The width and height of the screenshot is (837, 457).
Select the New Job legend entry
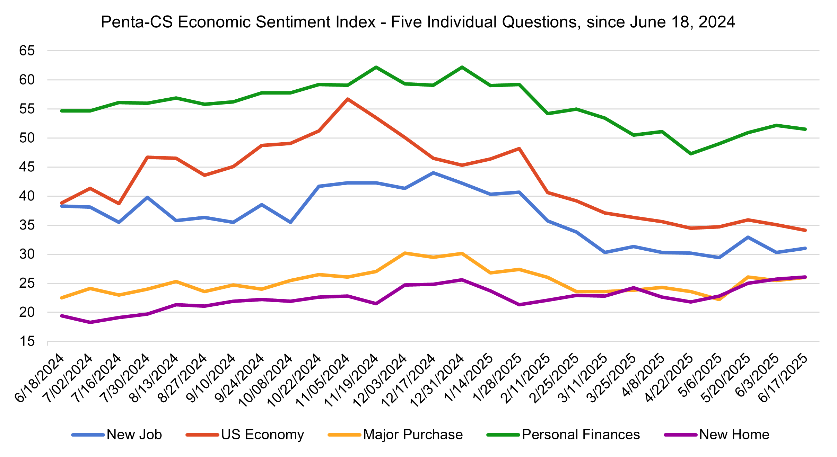(134, 434)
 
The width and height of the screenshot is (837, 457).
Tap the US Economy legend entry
(262, 434)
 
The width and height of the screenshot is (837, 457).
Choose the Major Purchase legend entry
(413, 434)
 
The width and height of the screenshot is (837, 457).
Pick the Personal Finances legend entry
(581, 434)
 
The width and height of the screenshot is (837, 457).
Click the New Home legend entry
(734, 434)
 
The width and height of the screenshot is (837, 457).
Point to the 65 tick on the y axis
(27, 51)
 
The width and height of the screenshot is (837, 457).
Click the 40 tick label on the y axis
(27, 196)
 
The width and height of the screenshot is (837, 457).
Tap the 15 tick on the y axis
(27, 342)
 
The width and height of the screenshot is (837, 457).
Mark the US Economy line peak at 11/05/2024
(348, 99)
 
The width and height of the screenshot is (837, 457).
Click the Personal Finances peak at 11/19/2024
(376, 67)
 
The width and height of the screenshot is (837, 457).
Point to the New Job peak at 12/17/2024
(433, 173)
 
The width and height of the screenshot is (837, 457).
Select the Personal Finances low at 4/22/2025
(691, 154)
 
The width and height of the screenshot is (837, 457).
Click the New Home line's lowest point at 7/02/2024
(90, 322)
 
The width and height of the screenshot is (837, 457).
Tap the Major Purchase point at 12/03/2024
(405, 253)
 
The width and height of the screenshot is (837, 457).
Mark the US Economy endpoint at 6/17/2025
(805, 230)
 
